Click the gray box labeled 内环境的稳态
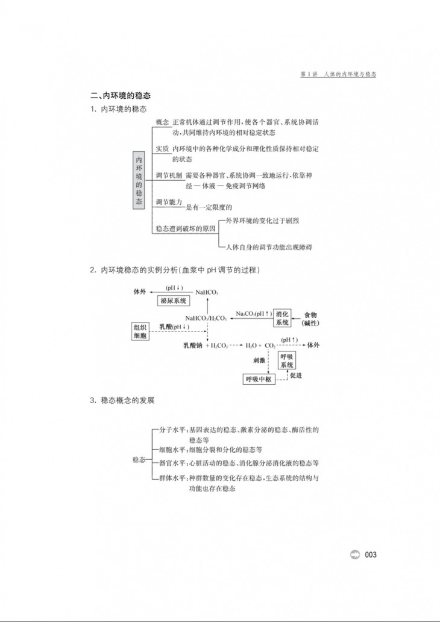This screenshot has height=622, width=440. coord(140,179)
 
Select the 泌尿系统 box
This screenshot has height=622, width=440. coord(174,301)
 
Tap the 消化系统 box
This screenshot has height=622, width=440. coord(283,318)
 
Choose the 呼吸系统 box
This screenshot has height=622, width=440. coord(287,361)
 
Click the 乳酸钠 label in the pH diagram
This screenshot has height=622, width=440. coord(193,346)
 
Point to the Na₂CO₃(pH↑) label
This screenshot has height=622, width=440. coord(253,314)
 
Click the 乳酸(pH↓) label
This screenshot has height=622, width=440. coord(174,327)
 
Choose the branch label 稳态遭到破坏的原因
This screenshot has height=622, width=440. coord(186,229)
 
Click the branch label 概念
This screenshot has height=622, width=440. coord(162,122)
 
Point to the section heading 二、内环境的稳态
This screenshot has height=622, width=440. coord(120,95)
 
